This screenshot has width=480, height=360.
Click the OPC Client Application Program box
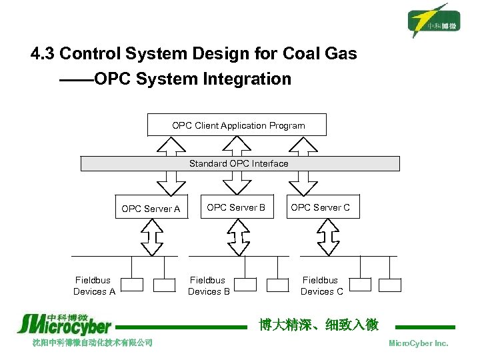(x=238, y=125)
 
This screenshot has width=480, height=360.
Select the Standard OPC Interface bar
(x=239, y=163)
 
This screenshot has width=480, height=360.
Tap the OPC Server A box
(x=151, y=209)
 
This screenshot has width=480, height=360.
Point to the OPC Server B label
(x=236, y=207)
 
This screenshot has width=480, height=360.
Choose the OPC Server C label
(x=320, y=207)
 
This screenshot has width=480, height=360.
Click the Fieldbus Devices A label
(x=94, y=286)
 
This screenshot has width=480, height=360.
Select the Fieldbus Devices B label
(x=208, y=286)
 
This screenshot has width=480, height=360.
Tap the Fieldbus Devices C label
(x=321, y=286)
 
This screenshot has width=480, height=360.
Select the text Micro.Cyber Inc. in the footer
(x=418, y=343)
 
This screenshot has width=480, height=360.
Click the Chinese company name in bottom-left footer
(x=93, y=343)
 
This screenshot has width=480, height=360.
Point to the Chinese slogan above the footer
(x=318, y=325)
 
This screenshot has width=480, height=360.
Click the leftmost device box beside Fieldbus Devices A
(x=132, y=285)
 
